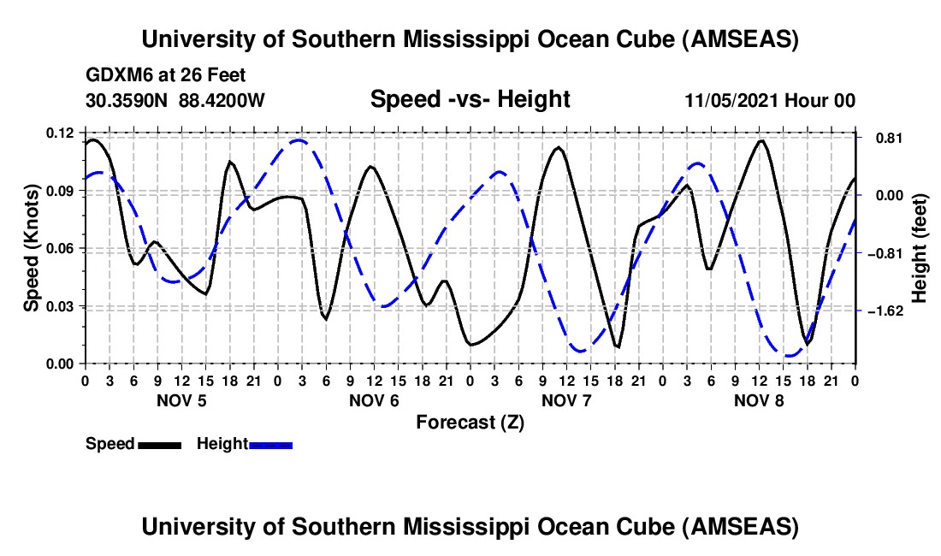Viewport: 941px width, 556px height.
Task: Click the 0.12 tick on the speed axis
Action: [62, 133]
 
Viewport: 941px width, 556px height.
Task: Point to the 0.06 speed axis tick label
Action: [62, 249]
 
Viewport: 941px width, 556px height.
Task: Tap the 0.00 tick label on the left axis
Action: [62, 364]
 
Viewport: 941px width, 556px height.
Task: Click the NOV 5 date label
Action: [181, 400]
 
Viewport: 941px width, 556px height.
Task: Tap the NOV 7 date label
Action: [566, 400]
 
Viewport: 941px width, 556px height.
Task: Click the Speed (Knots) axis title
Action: [31, 248]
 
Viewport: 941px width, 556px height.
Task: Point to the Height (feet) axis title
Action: [920, 248]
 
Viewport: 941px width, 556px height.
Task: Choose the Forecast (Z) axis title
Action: [470, 422]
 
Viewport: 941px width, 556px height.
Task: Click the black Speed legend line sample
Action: [158, 444]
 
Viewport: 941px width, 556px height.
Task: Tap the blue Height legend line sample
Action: [270, 444]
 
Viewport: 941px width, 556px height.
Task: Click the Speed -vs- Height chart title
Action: [470, 99]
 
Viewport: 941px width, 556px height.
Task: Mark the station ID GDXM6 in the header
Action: [115, 75]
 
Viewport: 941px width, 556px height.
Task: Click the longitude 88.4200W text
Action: [222, 100]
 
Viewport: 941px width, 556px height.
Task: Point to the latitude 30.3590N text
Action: [127, 100]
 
